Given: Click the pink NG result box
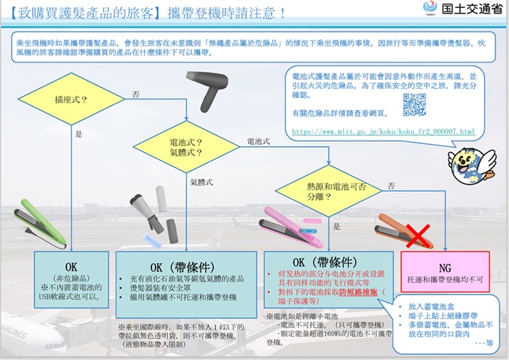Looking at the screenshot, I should click(x=445, y=271).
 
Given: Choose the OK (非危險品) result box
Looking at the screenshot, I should click(x=71, y=281).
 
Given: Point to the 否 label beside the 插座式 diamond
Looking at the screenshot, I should click(x=136, y=94).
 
